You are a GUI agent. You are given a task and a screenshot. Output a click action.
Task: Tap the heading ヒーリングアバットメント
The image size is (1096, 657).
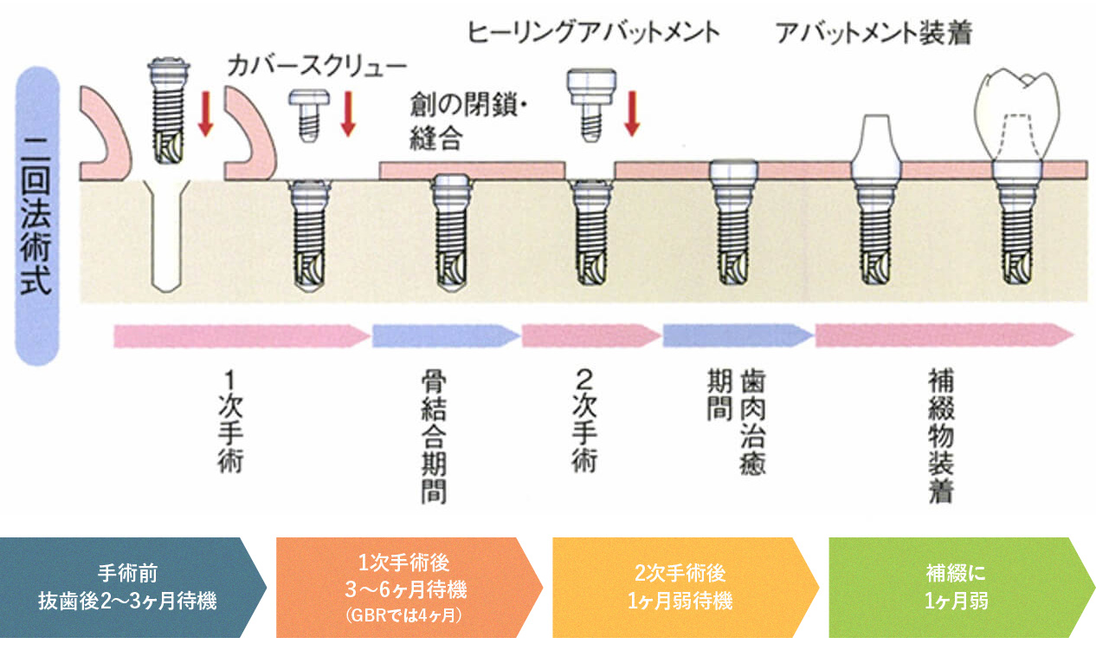[593, 33]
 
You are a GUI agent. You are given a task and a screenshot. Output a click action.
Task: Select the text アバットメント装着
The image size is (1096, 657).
[873, 33]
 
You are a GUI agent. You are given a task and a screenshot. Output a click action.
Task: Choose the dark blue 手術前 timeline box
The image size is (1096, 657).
[130, 587]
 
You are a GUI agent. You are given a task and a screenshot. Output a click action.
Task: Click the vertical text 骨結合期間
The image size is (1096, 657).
[433, 438]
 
